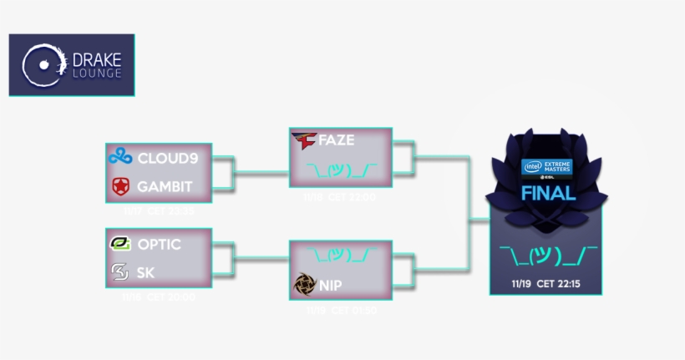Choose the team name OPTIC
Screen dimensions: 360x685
[x=160, y=245]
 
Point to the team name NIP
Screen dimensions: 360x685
[x=331, y=285]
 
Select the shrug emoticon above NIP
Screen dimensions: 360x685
[x=341, y=254]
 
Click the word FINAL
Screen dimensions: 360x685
[x=547, y=194]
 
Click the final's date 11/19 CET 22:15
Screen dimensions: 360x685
[x=547, y=283]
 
